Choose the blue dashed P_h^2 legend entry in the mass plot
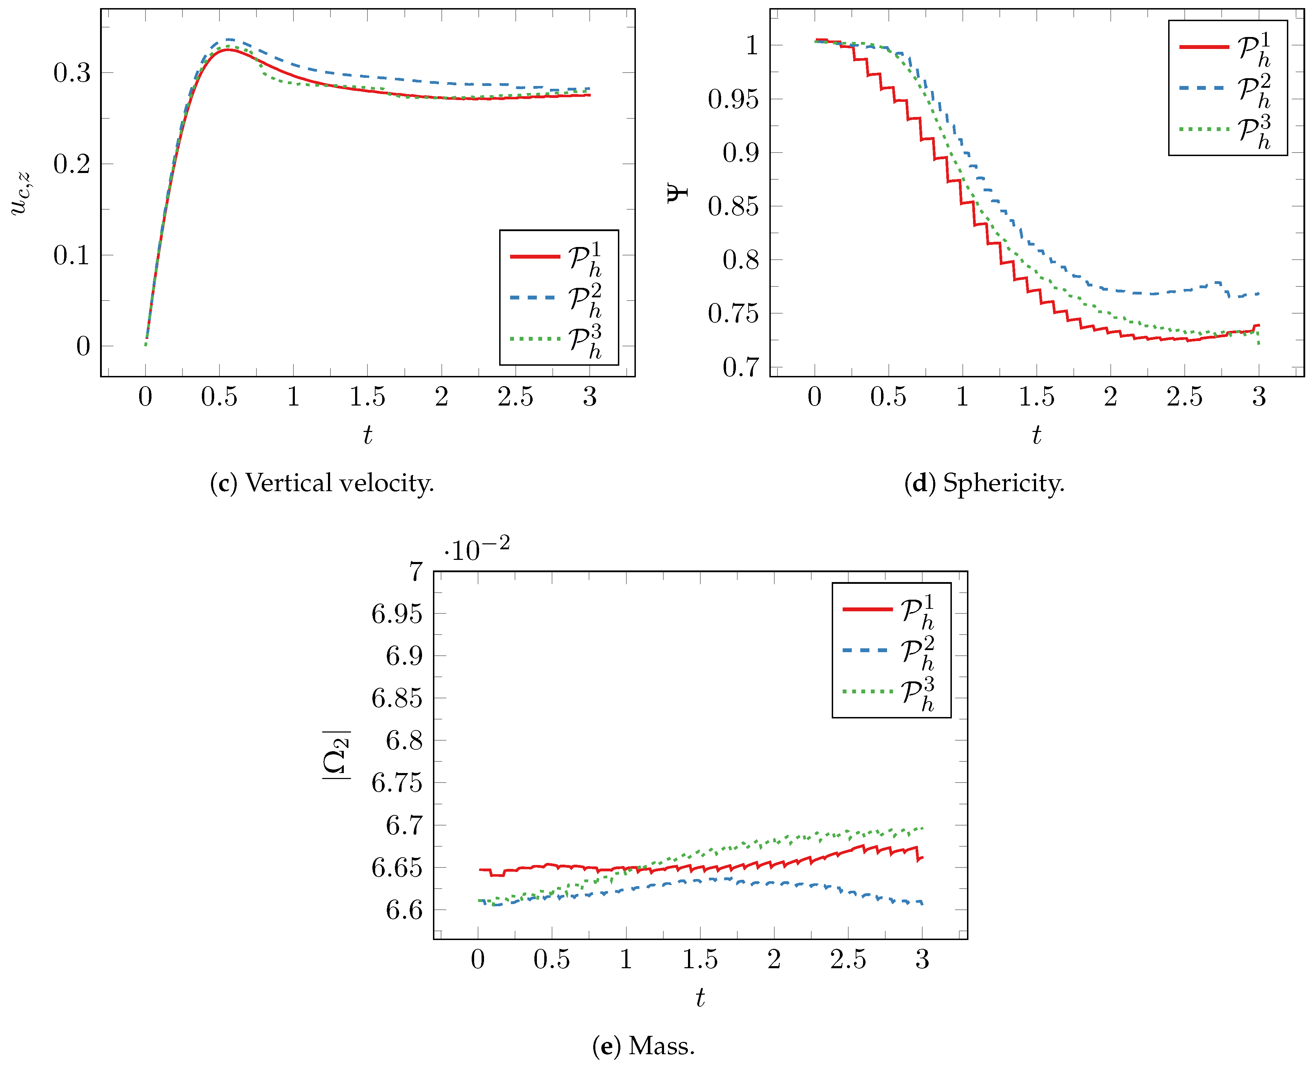(890, 651)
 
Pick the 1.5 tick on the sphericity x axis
(1036, 397)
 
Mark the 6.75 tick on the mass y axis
(397, 783)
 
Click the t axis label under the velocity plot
(367, 435)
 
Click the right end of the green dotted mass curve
(922, 828)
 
